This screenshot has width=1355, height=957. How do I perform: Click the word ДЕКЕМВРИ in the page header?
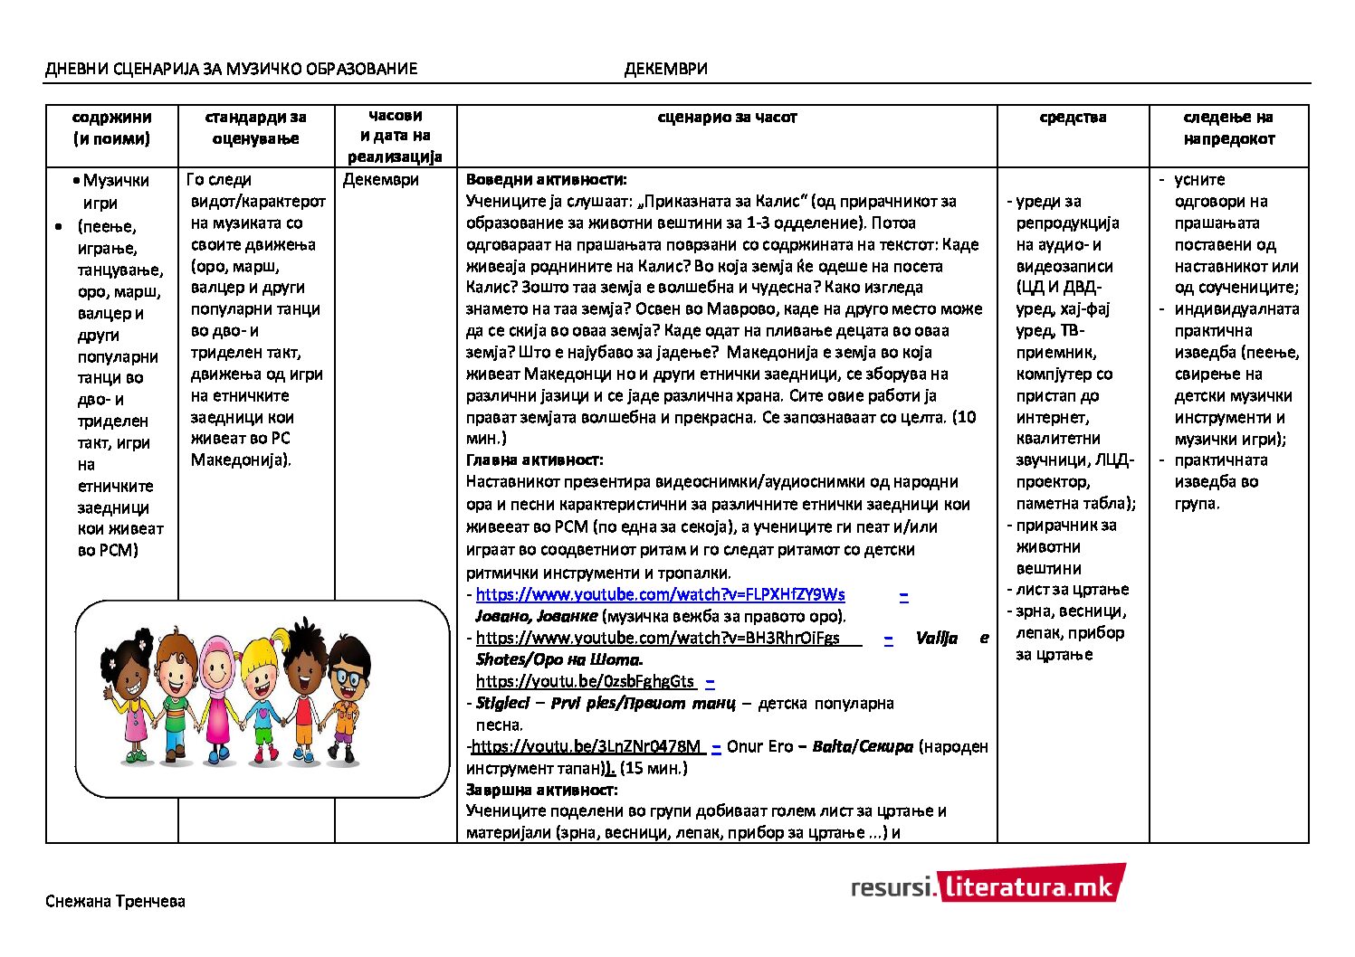(665, 69)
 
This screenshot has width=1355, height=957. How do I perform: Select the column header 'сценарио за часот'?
(727, 117)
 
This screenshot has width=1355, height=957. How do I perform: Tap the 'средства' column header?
(1073, 117)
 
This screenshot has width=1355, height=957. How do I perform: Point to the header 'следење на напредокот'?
(1228, 128)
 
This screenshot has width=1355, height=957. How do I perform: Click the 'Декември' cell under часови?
(380, 180)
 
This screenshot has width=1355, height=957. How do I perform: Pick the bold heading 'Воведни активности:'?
(546, 180)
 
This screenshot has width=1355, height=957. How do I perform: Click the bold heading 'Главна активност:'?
(534, 460)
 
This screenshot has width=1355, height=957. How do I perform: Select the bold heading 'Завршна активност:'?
(541, 790)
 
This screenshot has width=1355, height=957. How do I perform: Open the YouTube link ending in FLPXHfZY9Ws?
(660, 594)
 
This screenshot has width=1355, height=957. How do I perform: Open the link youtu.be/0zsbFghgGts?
(585, 681)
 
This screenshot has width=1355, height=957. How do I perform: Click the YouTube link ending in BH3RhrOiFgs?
(658, 638)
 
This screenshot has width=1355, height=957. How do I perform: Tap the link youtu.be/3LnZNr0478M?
(587, 746)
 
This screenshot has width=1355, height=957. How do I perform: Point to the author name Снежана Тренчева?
(115, 901)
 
